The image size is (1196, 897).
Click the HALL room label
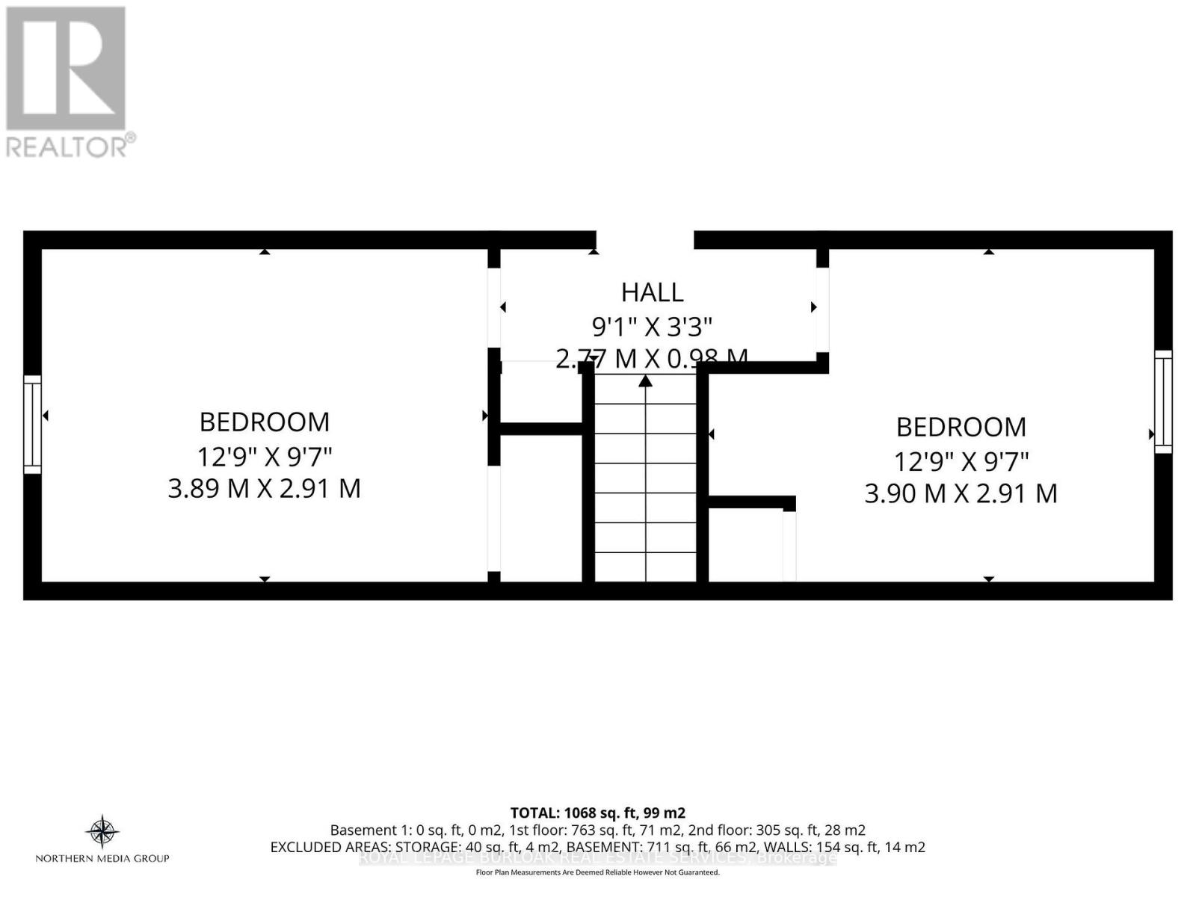(x=652, y=292)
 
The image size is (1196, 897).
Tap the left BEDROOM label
(x=264, y=422)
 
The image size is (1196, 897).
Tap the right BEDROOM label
(x=961, y=428)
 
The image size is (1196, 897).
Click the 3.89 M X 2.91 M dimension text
(x=264, y=489)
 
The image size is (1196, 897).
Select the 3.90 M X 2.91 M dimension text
(x=961, y=494)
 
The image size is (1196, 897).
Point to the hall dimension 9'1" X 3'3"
(x=652, y=327)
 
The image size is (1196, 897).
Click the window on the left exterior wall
(x=32, y=424)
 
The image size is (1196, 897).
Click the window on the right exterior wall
(x=1163, y=401)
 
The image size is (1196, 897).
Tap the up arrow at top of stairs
(x=645, y=382)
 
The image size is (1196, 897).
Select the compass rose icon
(x=102, y=831)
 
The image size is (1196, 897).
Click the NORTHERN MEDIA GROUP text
(x=102, y=858)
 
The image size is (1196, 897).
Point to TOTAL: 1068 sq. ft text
(x=597, y=813)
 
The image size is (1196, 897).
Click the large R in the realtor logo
(x=66, y=69)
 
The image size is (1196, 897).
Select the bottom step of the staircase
(x=645, y=567)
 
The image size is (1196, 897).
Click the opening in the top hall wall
(x=644, y=240)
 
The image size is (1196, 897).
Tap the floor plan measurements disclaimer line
(x=597, y=872)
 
